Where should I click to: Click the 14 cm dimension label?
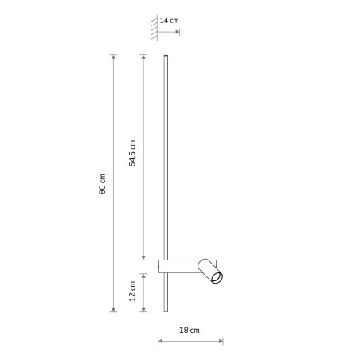coord(169,21)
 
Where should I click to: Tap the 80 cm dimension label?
coord(102,184)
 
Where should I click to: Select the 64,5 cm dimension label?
coord(132,153)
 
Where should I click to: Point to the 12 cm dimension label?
coord(132,292)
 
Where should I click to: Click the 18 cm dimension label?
coord(190,330)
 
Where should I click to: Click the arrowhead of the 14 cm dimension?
coord(178,32)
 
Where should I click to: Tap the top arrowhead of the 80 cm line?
coord(114,57)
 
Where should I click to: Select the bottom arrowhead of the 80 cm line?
coord(114,310)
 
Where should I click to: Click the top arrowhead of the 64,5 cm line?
coord(143,57)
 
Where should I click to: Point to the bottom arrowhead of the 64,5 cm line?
coord(143,257)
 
